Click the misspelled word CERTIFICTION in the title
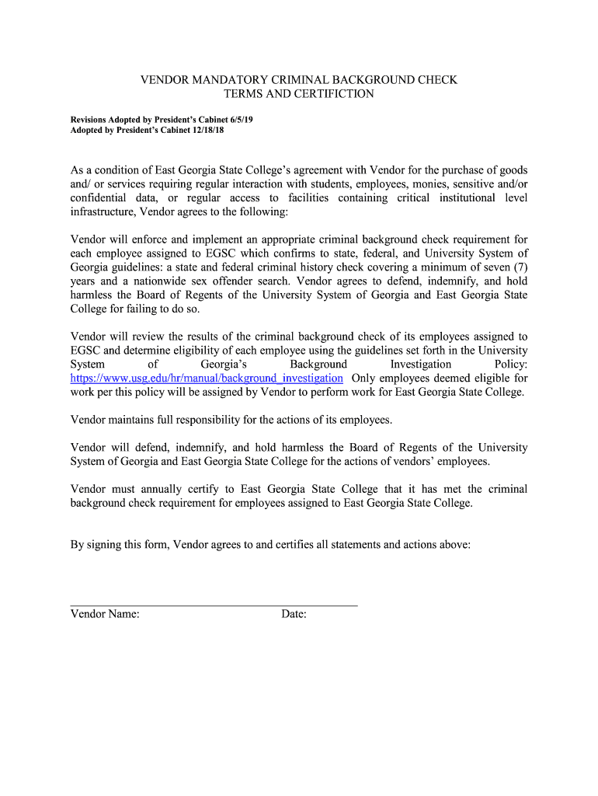(x=329, y=94)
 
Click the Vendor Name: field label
(x=105, y=615)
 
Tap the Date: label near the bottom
(x=294, y=615)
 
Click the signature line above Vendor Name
(x=214, y=604)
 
